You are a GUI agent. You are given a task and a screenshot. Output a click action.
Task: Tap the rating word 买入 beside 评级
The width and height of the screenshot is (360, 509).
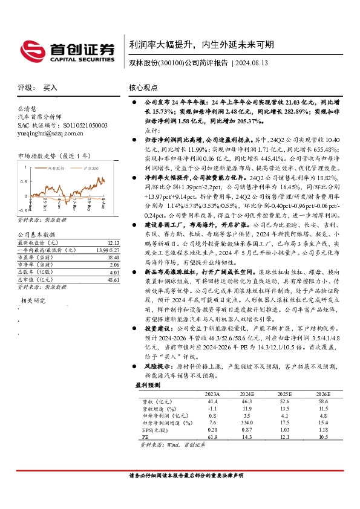[x=50, y=88]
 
